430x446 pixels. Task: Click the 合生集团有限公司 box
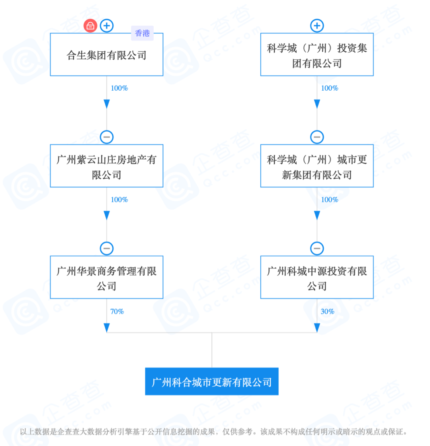(x=106, y=55)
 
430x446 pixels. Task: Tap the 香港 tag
(x=142, y=33)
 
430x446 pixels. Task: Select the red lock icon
(x=90, y=26)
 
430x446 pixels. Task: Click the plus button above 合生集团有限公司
(x=107, y=26)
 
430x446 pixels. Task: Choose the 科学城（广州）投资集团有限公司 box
(x=317, y=55)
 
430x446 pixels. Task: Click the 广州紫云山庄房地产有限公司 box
(x=106, y=166)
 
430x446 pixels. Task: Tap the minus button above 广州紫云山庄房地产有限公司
(x=107, y=137)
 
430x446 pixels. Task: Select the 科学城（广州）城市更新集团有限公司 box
(x=317, y=166)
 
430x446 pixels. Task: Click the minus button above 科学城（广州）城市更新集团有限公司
(x=317, y=137)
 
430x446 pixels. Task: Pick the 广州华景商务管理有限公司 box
(x=106, y=278)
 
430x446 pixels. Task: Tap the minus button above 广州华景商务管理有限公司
(x=107, y=249)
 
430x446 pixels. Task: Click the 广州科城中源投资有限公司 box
(x=317, y=278)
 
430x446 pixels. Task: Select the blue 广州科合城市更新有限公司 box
(x=211, y=382)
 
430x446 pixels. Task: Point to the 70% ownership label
(x=117, y=312)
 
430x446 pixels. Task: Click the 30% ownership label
(x=327, y=312)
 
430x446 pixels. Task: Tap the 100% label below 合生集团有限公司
(x=119, y=88)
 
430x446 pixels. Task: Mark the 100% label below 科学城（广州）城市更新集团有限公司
(x=329, y=200)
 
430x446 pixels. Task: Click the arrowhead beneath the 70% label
(x=107, y=327)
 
